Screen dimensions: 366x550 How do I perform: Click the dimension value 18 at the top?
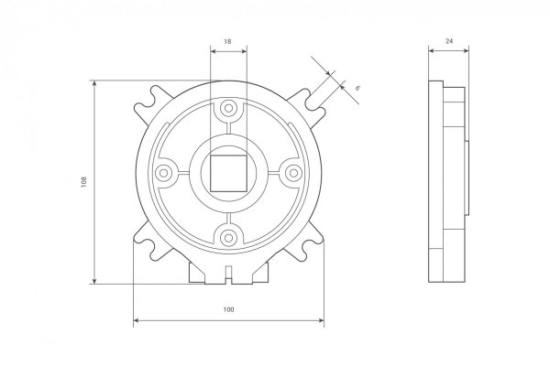pos(228,42)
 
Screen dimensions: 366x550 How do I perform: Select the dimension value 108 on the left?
pos(83,181)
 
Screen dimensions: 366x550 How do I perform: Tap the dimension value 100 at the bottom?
pos(228,309)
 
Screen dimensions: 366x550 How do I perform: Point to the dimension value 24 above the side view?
pos(449,42)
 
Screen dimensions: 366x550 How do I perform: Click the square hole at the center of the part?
pos(228,172)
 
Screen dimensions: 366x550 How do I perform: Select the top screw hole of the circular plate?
pos(228,109)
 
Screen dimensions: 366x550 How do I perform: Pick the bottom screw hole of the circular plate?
pos(228,236)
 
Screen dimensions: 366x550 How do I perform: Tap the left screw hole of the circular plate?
pos(165,172)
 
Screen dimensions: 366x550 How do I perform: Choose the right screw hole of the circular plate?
pos(291,172)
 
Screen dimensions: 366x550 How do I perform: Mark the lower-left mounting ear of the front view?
pos(149,242)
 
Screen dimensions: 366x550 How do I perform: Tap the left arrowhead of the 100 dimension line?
pos(137,320)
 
